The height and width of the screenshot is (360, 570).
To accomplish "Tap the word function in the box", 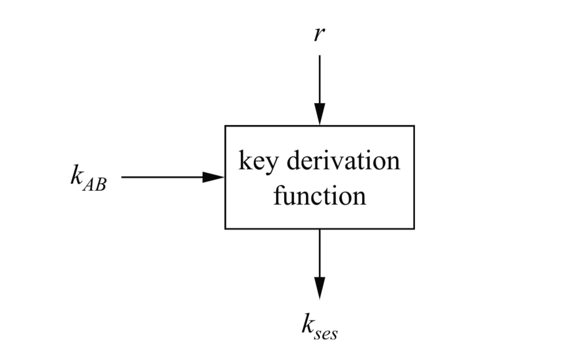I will click(319, 196).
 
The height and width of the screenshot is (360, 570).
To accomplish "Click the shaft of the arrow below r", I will click(319, 80).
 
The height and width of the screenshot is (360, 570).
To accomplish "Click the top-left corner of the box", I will click(225, 126).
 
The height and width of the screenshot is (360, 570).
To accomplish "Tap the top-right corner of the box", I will click(414, 126).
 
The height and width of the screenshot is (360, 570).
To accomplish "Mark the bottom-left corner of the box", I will click(225, 229).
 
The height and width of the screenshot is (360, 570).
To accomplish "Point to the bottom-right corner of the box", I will click(414, 229).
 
